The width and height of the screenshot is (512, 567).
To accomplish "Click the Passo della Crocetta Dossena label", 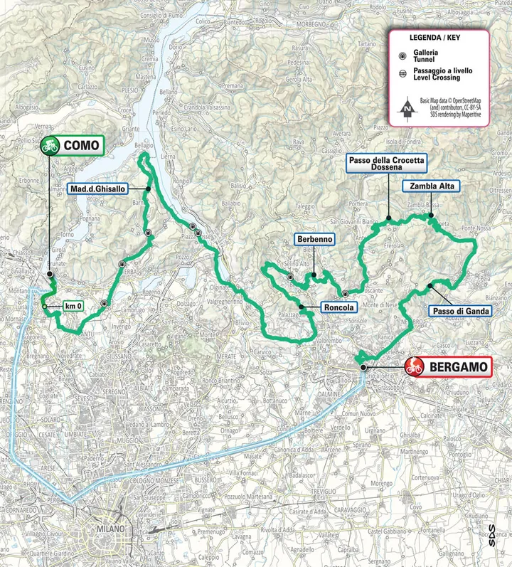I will click(x=386, y=164).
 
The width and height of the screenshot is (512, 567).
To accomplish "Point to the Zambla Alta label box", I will click(x=432, y=186).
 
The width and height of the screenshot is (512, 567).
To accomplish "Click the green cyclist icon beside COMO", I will click(x=50, y=146).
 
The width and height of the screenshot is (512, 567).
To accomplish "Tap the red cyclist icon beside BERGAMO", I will click(x=415, y=367).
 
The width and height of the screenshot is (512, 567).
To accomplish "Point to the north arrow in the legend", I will click(x=405, y=107).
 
